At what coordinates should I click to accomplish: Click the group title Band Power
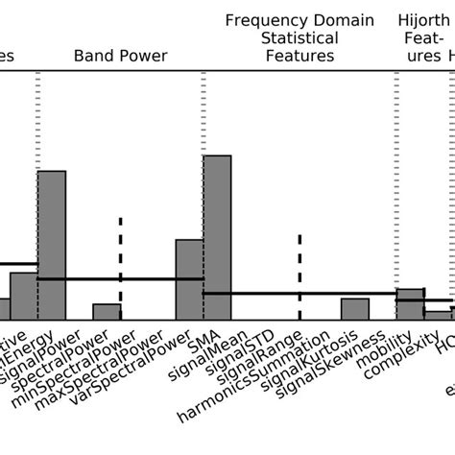point(120,56)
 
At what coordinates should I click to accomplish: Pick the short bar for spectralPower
point(107,312)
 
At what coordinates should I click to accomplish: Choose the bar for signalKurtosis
point(354,309)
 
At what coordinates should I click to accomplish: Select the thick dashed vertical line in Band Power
point(120,259)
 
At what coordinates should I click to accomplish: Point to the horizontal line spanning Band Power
point(120,279)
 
